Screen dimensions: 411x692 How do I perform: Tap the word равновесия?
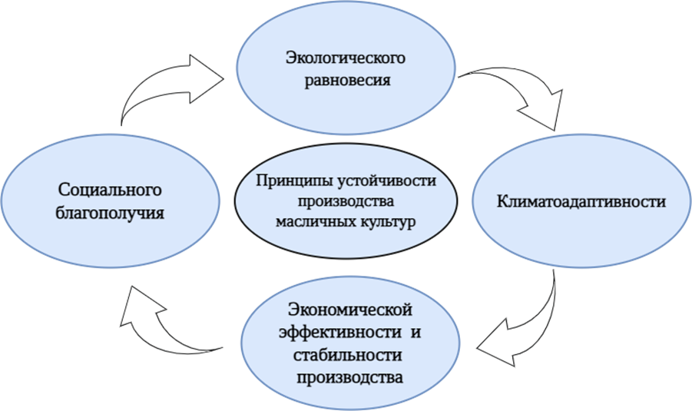click(345, 79)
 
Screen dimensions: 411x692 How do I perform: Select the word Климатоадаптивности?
click(581, 202)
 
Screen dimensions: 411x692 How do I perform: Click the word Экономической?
click(351, 310)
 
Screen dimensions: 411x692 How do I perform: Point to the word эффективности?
click(338, 333)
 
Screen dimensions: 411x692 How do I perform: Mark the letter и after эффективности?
click(419, 333)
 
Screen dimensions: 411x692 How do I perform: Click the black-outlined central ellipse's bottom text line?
click(346, 223)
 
